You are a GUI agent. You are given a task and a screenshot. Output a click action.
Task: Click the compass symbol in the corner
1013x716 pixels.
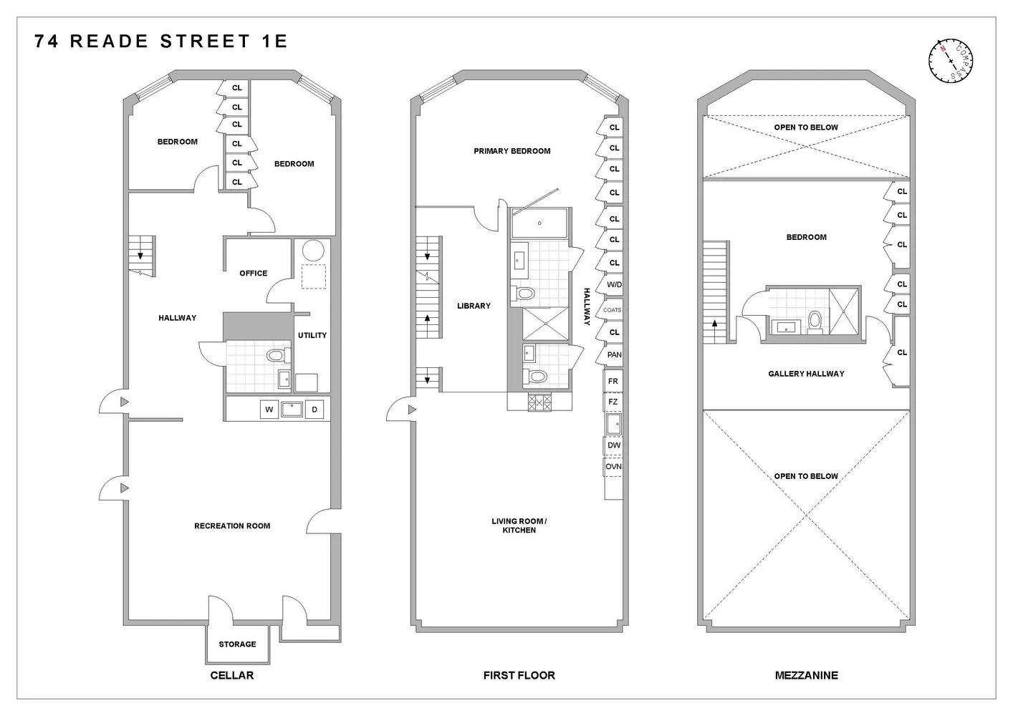click(951, 60)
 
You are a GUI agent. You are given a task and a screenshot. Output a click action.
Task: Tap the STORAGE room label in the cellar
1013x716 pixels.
click(237, 644)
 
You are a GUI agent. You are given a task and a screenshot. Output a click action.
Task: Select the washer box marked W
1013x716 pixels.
click(269, 410)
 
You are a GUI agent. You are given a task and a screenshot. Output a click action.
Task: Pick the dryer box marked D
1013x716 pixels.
click(314, 410)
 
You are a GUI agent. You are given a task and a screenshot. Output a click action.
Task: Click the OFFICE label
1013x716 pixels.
click(253, 274)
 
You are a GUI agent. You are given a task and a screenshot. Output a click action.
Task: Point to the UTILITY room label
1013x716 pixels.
click(312, 335)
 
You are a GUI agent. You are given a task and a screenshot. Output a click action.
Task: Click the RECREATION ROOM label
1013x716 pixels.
click(232, 526)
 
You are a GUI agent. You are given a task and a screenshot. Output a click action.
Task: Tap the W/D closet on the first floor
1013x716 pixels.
click(614, 285)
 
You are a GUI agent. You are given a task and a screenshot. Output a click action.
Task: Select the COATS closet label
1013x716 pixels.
click(613, 310)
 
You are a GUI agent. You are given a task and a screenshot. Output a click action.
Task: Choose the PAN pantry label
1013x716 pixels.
click(614, 355)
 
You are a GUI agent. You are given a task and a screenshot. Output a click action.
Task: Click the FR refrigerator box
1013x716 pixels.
click(613, 382)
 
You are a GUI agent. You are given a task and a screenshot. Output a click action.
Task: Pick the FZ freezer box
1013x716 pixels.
click(613, 402)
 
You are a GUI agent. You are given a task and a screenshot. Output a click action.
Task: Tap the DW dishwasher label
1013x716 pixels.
click(614, 445)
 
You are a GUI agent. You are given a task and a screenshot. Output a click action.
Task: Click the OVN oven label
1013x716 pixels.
click(614, 467)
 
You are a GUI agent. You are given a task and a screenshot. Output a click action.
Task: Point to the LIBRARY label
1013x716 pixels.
click(474, 306)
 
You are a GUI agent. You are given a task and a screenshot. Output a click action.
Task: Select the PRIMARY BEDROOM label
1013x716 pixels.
click(512, 151)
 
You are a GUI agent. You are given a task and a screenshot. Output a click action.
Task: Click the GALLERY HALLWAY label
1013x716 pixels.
click(806, 374)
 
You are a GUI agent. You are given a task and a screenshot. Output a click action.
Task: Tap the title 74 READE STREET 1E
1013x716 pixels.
click(160, 42)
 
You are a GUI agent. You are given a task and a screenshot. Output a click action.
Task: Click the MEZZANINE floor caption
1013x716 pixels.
click(806, 675)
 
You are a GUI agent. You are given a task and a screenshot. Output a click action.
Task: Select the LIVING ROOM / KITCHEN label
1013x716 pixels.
click(519, 526)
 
